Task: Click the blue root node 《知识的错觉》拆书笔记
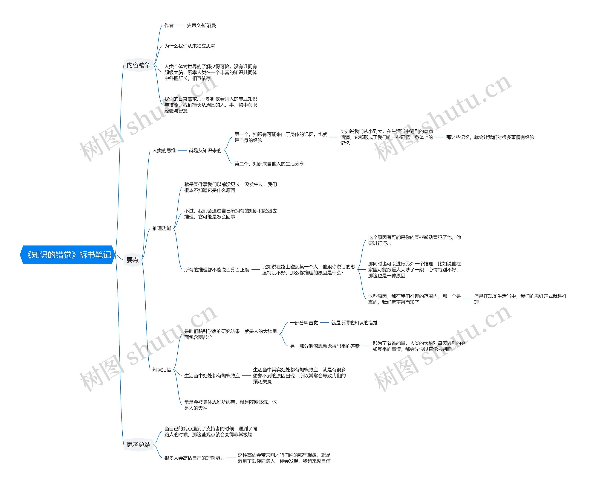coord(68,255)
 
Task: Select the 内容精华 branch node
coord(139,65)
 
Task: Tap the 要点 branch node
coord(132,260)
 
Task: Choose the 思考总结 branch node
coord(139,445)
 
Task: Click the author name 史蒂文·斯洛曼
coord(201,26)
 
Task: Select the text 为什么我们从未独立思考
coord(190,46)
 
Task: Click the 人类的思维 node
coord(164,151)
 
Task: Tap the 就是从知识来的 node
coord(205,151)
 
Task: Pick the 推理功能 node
coord(162,228)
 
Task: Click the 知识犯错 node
coord(162,370)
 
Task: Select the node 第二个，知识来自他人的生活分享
coord(269,164)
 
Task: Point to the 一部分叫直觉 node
coord(304,323)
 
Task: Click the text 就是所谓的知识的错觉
coord(354,323)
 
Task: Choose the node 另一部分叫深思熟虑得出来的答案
coord(325,346)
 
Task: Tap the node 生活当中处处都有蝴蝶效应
coord(212,376)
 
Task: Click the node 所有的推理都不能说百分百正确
coord(216,270)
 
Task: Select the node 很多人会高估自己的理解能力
coord(194,458)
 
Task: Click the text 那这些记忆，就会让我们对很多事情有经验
coord(490,137)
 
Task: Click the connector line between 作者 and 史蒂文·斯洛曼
coord(180,26)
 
